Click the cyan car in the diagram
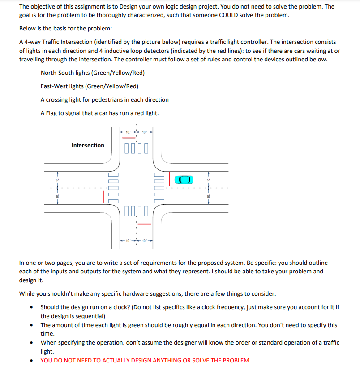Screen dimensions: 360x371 tap(184, 180)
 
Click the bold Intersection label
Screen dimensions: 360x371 tap(88, 145)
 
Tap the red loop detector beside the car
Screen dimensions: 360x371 tap(169, 179)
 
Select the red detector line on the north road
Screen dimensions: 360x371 tap(129, 138)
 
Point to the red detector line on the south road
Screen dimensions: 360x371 tap(144, 224)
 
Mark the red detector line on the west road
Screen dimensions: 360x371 tap(103, 197)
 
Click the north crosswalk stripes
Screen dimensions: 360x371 tap(137, 148)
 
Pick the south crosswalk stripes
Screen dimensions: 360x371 tap(137, 211)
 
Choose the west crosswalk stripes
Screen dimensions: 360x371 tap(113, 188)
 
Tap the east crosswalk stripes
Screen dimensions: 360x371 tap(159, 188)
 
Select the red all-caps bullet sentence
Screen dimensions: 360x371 tap(146, 360)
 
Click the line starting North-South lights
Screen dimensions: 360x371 tap(93, 73)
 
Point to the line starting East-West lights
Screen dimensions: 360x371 tap(90, 86)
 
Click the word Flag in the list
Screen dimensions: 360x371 tap(51, 113)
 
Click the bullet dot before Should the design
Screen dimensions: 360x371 tap(31, 307)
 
